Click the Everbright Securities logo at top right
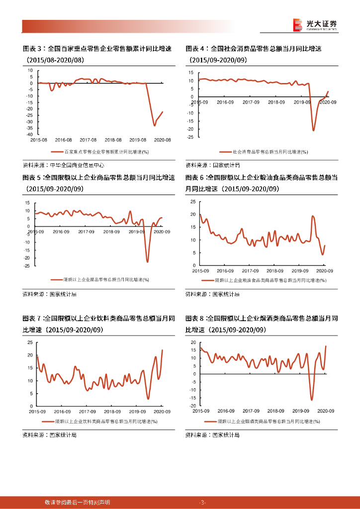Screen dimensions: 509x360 (x=314, y=25)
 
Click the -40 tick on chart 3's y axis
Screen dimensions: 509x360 (x=29, y=135)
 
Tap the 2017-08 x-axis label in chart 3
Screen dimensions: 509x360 (x=88, y=140)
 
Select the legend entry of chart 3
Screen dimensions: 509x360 (x=103, y=153)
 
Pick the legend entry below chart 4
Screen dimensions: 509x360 (x=264, y=153)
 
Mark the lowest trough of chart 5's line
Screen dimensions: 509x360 (x=147, y=261)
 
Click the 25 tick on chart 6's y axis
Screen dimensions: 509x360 (x=193, y=201)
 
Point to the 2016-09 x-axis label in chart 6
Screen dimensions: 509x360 (x=225, y=271)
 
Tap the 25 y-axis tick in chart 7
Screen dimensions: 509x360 (x=30, y=343)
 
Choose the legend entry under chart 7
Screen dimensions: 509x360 (x=102, y=422)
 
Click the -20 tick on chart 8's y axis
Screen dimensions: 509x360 (x=191, y=406)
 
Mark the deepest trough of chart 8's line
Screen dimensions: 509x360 (x=312, y=400)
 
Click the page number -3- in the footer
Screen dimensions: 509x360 (x=202, y=502)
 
